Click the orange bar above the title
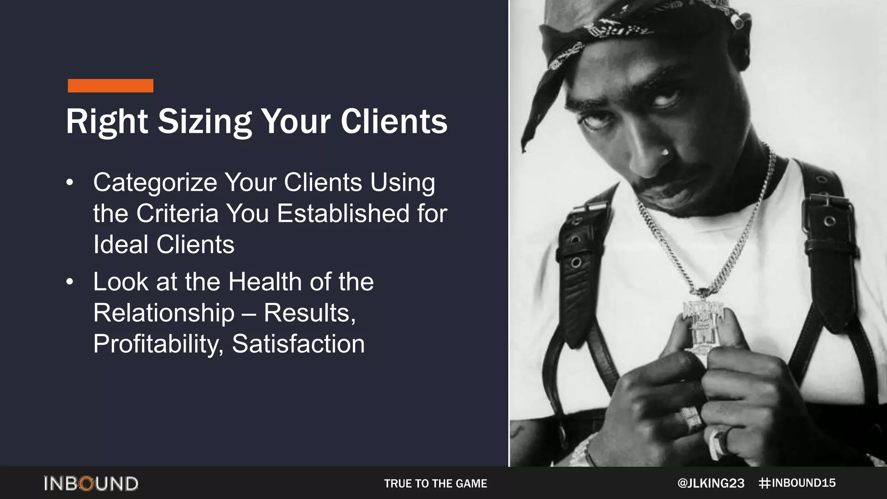point(110,86)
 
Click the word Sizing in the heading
point(204,122)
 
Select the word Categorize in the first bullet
point(155,183)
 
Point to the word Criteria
point(177,214)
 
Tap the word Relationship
point(164,313)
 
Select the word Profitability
point(158,344)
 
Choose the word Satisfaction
point(298,344)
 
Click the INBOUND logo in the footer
point(91,483)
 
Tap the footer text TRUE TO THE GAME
point(435,483)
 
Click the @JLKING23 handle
point(711,483)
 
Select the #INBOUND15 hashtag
point(797,483)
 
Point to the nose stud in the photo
point(665,152)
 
